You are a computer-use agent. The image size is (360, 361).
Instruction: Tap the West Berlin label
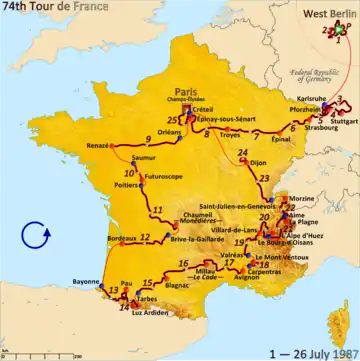[x=330, y=12]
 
